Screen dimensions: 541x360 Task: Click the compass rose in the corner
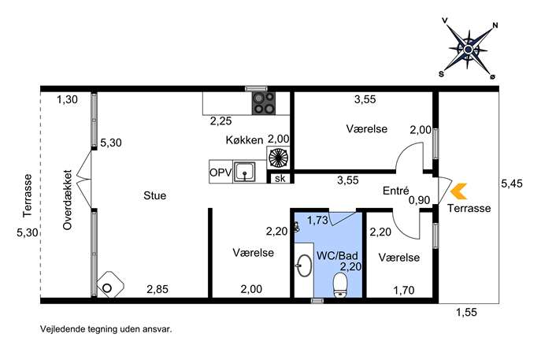click(469, 50)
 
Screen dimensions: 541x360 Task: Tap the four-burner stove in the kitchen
click(264, 103)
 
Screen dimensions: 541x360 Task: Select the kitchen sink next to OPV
click(245, 172)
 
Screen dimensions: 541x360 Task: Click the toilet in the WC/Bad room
click(340, 285)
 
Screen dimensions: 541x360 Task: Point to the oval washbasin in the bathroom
click(304, 265)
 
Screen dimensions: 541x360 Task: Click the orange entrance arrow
click(459, 191)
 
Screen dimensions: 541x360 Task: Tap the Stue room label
click(155, 195)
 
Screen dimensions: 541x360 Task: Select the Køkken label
click(244, 140)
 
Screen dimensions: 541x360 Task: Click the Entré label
click(396, 190)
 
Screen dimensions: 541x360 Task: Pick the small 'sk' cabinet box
click(280, 178)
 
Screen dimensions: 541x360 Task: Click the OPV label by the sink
click(220, 172)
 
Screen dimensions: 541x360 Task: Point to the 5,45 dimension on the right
click(512, 184)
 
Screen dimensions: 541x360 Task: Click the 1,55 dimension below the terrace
click(466, 313)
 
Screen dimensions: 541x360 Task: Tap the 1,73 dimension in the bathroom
click(317, 221)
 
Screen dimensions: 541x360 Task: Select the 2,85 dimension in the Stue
click(157, 289)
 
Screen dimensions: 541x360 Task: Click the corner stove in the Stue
click(110, 284)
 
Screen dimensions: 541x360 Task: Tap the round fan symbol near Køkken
click(278, 158)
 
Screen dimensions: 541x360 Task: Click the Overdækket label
click(67, 200)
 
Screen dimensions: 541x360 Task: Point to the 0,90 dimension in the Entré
click(419, 200)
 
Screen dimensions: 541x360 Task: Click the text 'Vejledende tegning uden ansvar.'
click(106, 329)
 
